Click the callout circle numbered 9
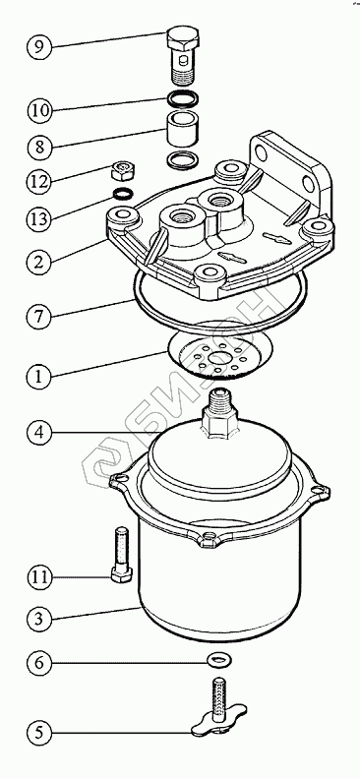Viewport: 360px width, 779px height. [x=39, y=46]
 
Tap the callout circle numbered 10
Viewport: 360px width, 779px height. [x=39, y=110]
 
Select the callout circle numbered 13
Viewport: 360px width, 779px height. [x=39, y=218]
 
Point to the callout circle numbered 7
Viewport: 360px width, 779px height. [x=39, y=317]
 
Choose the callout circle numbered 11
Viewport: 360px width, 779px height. [x=39, y=577]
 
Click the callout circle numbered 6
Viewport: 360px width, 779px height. [x=39, y=663]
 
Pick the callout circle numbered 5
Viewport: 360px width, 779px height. [x=39, y=733]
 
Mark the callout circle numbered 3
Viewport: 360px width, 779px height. [x=39, y=619]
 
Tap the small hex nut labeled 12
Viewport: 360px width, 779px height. [x=122, y=171]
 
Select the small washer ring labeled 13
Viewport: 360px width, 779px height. [x=123, y=193]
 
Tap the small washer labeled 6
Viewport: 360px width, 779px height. [x=219, y=660]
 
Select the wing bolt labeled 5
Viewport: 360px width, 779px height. [x=219, y=709]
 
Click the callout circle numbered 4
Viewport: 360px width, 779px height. [x=39, y=432]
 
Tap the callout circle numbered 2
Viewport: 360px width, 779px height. [x=39, y=262]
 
